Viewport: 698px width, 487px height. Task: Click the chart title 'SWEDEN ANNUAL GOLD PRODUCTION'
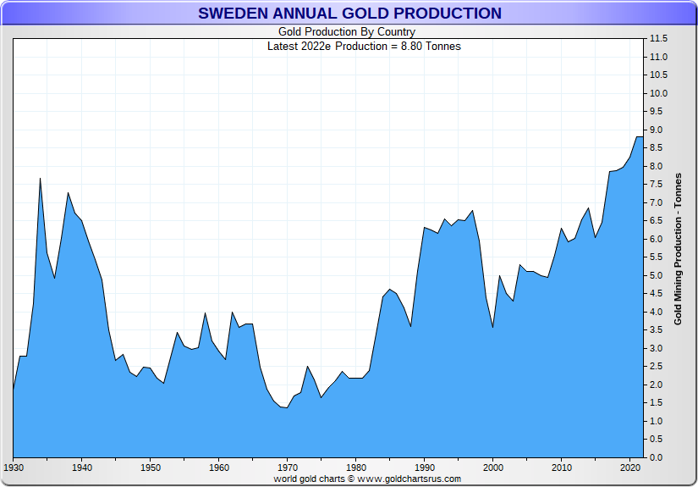pyautogui.click(x=349, y=14)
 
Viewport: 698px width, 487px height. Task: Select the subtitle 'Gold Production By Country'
pyautogui.click(x=347, y=32)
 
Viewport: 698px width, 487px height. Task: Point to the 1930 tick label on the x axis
pyautogui.click(x=13, y=467)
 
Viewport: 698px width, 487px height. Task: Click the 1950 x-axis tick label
pyautogui.click(x=150, y=467)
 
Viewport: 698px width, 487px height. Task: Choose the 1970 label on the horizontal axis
pyautogui.click(x=287, y=467)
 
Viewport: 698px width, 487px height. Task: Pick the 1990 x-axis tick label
pyautogui.click(x=424, y=467)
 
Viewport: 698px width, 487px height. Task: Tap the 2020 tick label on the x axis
pyautogui.click(x=629, y=467)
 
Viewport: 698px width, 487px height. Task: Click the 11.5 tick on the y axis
pyautogui.click(x=659, y=39)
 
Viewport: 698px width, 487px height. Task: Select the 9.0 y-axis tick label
pyautogui.click(x=659, y=130)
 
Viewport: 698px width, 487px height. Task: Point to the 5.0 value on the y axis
pyautogui.click(x=659, y=275)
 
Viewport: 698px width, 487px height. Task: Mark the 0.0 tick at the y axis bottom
pyautogui.click(x=659, y=457)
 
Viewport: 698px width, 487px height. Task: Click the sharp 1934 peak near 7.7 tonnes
pyautogui.click(x=40, y=178)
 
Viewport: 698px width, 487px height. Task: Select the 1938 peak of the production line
pyautogui.click(x=68, y=193)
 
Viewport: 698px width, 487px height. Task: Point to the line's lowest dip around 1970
pyautogui.click(x=287, y=408)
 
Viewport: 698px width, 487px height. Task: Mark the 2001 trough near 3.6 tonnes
pyautogui.click(x=492, y=327)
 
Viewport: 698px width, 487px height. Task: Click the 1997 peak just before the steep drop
pyautogui.click(x=472, y=211)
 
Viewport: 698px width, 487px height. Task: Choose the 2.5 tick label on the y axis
pyautogui.click(x=659, y=367)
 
